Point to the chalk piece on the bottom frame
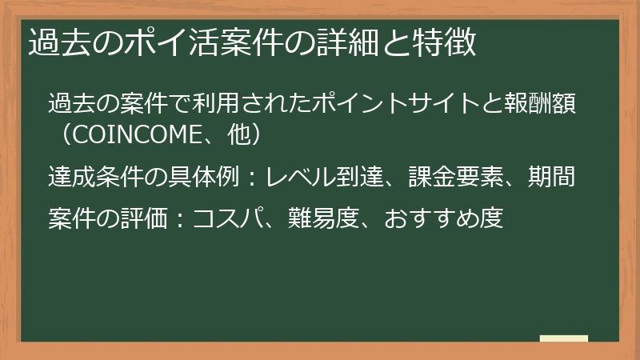click(x=564, y=338)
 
